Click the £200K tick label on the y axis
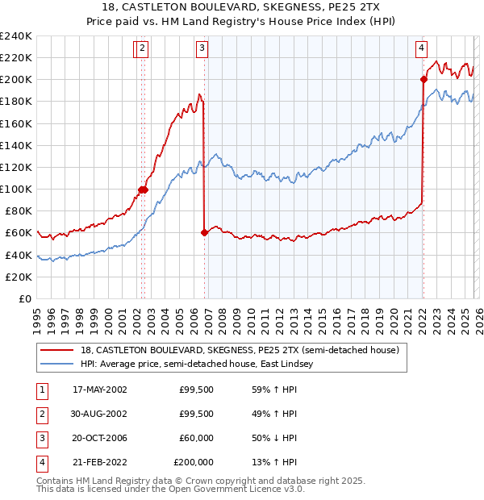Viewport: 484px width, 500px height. click(x=15, y=79)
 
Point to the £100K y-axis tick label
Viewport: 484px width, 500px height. click(x=15, y=189)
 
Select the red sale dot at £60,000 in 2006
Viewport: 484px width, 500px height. click(x=204, y=232)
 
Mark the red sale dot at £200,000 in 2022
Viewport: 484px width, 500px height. click(x=423, y=79)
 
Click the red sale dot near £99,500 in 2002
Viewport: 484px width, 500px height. click(x=142, y=190)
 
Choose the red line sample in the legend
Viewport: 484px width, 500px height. click(x=58, y=350)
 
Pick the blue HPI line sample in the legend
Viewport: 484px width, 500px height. click(x=58, y=365)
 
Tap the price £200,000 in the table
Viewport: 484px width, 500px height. click(x=194, y=462)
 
